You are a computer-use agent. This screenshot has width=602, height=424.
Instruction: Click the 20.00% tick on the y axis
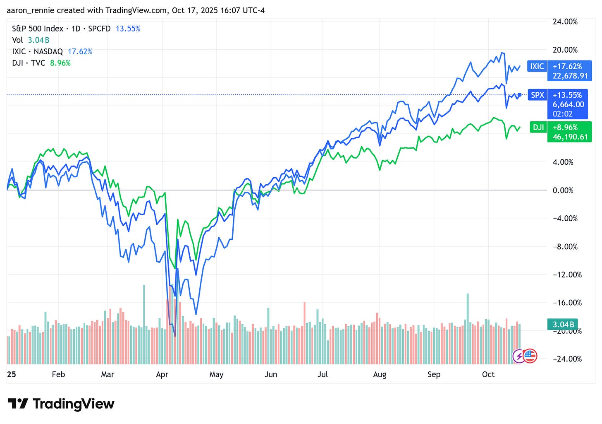point(565,50)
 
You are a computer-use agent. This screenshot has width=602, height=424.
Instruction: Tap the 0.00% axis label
point(563,190)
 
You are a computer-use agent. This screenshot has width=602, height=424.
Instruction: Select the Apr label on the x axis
point(162,374)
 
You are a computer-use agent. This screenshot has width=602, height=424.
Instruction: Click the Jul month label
point(322,374)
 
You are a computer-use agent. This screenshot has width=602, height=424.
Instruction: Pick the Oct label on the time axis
point(488,374)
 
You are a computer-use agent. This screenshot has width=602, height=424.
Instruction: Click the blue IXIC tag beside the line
point(537,66)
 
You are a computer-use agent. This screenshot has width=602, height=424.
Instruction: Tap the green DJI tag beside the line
point(538,127)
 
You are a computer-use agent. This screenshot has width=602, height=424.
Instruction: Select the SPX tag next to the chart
point(537,95)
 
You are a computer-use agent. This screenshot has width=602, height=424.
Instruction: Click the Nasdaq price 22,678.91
point(570,76)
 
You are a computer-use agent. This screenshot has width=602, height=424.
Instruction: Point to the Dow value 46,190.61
point(570,137)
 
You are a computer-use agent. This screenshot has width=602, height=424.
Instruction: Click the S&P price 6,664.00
point(569,104)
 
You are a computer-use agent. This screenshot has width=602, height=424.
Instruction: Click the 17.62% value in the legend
point(80,52)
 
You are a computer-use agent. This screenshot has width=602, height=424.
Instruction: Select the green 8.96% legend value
point(60,63)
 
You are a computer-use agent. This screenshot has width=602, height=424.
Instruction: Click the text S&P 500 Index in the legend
point(38,29)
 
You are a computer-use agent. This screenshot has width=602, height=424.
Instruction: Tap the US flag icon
point(530,355)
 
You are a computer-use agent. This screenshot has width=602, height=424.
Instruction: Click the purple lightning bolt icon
point(519,356)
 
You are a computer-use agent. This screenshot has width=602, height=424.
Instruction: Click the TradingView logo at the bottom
point(61,404)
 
